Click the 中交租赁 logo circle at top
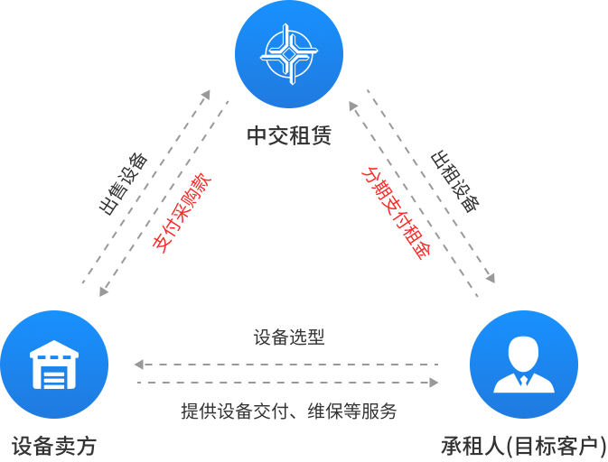289,54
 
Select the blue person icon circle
524,364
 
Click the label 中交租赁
289,135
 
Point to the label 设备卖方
54,446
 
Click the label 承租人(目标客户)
523,446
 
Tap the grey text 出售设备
123,184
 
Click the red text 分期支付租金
395,213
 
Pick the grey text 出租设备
454,181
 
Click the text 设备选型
289,337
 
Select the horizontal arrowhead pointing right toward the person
435,383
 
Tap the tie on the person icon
524,380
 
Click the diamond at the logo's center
289,54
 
